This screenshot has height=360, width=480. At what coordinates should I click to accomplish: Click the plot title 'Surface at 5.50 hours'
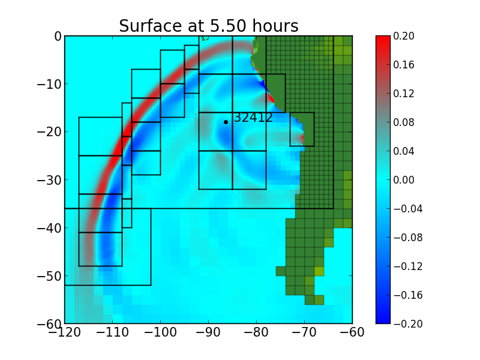click(x=208, y=26)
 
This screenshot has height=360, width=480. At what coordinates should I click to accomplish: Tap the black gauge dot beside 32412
click(x=226, y=122)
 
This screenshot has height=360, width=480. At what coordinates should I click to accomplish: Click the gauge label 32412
click(x=253, y=118)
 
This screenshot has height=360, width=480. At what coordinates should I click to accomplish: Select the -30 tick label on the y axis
click(x=49, y=180)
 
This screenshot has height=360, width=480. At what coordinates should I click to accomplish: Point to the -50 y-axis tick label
click(x=49, y=276)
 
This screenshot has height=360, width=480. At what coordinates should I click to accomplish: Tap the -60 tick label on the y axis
click(x=49, y=324)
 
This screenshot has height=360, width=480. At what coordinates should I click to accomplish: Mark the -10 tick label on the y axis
click(x=49, y=84)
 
